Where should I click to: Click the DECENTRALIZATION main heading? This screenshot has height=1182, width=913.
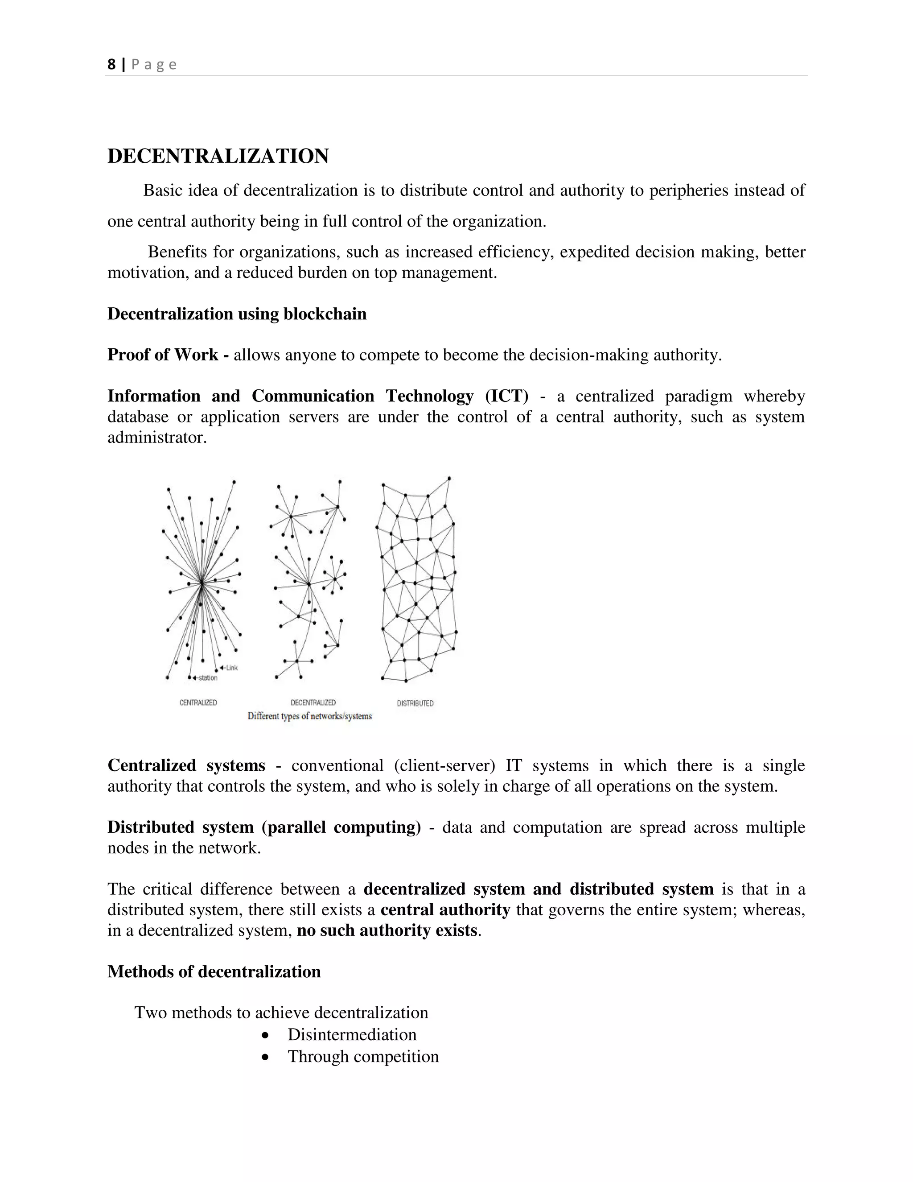click(218, 157)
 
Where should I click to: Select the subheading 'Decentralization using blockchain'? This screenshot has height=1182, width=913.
click(237, 314)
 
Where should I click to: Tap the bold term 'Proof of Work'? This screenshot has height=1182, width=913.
click(163, 355)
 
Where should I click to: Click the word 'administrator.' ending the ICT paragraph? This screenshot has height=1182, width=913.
click(157, 437)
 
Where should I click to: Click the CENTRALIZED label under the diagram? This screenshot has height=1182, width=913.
click(198, 703)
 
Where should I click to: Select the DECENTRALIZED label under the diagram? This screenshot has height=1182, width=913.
click(313, 703)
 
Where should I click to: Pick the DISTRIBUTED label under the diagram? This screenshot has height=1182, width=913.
click(415, 703)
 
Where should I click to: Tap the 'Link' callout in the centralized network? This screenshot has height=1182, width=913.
click(231, 668)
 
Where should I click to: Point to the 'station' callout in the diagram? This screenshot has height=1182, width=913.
click(208, 678)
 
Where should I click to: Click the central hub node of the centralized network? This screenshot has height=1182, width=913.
click(201, 583)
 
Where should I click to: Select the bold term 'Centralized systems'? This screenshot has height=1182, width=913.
click(186, 766)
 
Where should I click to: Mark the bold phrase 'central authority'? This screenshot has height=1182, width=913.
click(445, 910)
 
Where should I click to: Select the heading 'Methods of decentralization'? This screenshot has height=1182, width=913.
click(214, 971)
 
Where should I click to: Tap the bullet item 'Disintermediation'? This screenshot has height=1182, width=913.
click(352, 1034)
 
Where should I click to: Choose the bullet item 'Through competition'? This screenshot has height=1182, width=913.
click(363, 1056)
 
